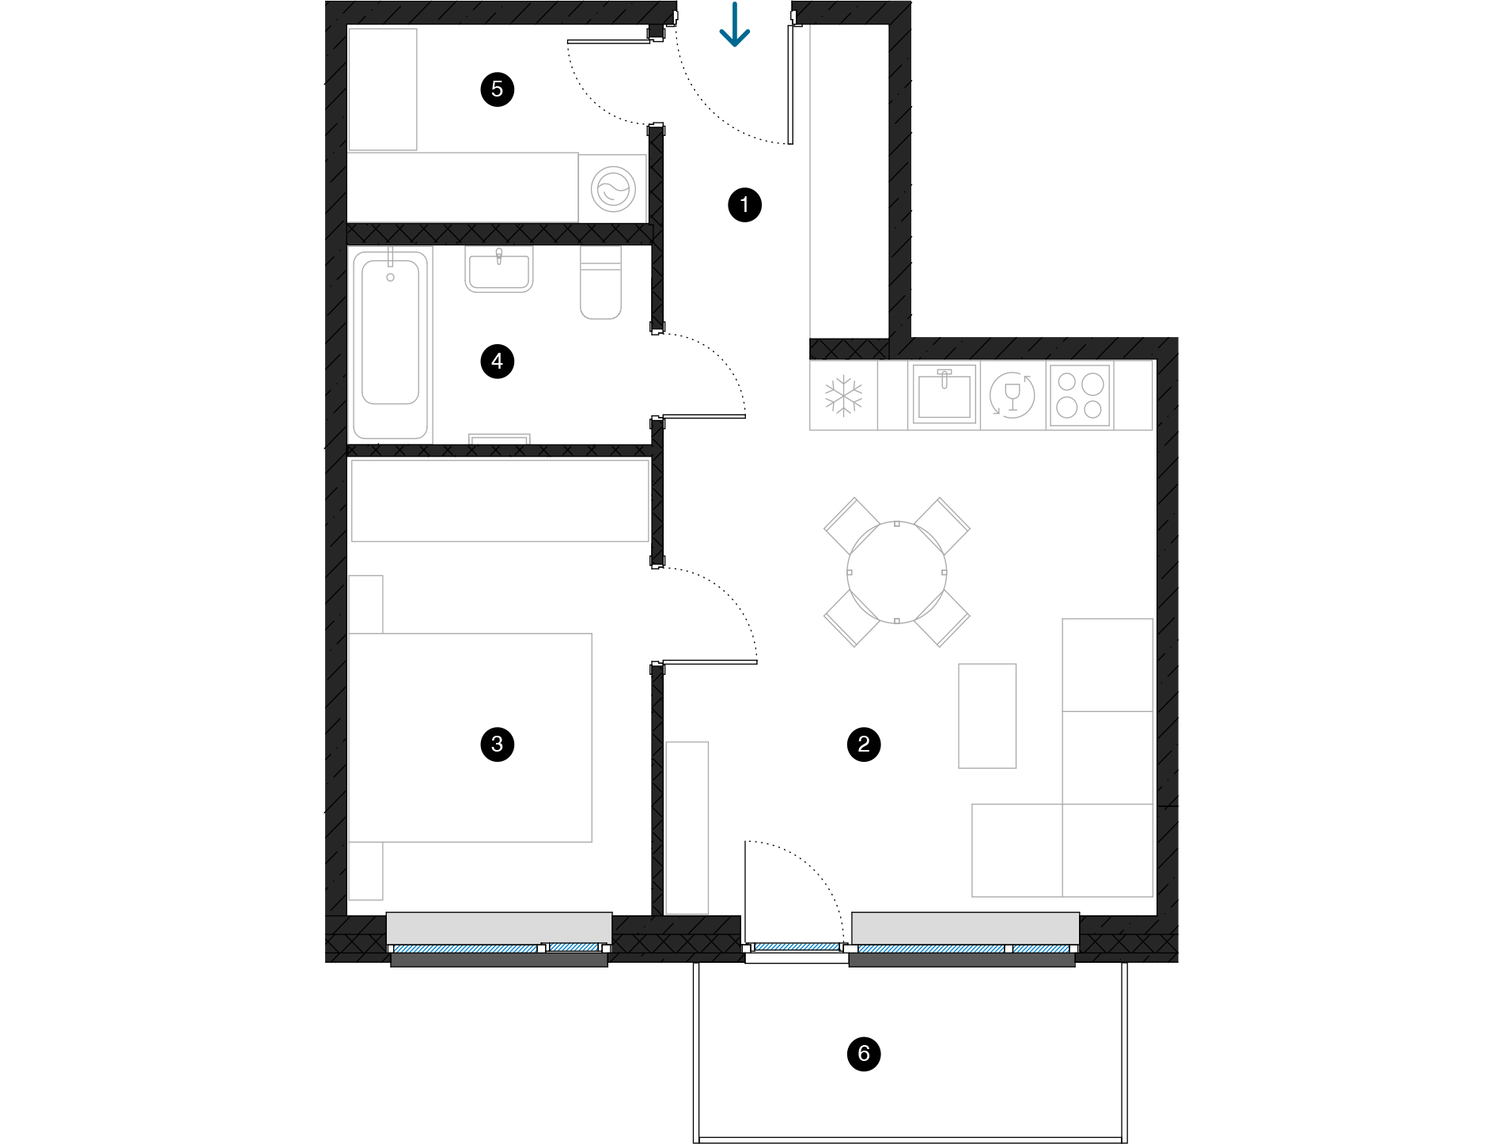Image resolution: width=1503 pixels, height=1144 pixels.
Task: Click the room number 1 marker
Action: (x=744, y=205)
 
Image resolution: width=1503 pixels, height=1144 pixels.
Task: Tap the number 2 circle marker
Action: (x=864, y=744)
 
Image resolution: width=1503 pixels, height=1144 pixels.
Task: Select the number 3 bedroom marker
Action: (x=497, y=744)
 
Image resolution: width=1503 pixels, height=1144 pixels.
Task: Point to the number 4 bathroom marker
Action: (x=497, y=362)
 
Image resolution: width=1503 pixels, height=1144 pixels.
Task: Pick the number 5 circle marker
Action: (x=497, y=89)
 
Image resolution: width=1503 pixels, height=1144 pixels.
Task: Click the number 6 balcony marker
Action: (x=864, y=1053)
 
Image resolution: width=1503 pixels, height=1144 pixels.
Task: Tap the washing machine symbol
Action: (x=613, y=189)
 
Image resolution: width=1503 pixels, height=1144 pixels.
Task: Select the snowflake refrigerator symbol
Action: (x=843, y=396)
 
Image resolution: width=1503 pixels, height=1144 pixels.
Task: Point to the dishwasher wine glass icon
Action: (x=1013, y=395)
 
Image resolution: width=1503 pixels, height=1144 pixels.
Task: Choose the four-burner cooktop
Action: (x=1080, y=396)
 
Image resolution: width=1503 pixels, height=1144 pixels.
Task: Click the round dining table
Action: (x=896, y=572)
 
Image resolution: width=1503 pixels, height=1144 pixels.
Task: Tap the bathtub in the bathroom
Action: (x=390, y=344)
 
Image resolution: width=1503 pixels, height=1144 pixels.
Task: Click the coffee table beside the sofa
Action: (x=987, y=715)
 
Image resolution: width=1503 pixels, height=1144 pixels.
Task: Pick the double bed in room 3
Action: (x=470, y=737)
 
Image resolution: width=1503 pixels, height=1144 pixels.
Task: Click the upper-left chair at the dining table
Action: (x=851, y=526)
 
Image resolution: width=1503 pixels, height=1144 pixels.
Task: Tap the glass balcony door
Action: (x=795, y=946)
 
